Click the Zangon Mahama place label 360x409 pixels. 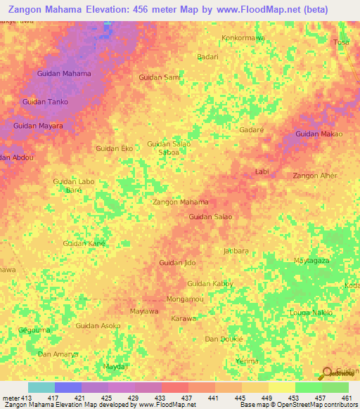coord(181,202)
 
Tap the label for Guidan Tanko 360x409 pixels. coord(44,102)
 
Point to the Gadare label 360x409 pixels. coord(251,130)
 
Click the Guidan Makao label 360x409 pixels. coord(319,134)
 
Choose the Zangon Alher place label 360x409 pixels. coord(314,176)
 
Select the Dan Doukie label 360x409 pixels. coord(224,339)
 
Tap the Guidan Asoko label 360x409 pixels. coord(98,325)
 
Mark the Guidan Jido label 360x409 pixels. coord(177,263)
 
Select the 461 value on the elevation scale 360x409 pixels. coord(345,398)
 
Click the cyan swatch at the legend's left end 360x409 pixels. coord(41,387)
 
